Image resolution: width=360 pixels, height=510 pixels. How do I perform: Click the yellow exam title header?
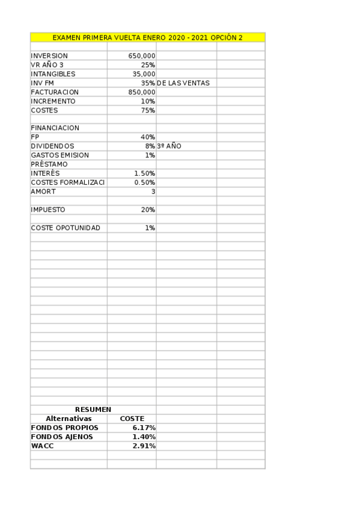coord(147,37)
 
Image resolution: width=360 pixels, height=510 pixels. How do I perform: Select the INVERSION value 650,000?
coord(141,56)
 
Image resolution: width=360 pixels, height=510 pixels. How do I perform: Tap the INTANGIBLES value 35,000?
coord(144,74)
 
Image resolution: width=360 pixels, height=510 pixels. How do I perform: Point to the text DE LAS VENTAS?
coord(183,83)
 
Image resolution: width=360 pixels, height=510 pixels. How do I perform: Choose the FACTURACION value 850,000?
coord(141,92)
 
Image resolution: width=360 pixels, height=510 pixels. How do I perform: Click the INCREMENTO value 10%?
coord(147,101)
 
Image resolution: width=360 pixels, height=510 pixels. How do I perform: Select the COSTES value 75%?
coord(147,110)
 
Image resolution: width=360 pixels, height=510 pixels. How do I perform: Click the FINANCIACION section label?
coord(55,128)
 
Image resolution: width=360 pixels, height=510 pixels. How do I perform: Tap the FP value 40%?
coord(147,137)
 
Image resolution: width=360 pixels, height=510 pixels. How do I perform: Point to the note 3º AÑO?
coord(169,146)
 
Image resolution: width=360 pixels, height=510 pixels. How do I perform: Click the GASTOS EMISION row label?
coord(59,155)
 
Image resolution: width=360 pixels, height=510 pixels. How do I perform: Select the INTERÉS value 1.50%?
coord(144,173)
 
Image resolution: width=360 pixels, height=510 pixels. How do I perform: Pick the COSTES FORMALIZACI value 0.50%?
coord(144,182)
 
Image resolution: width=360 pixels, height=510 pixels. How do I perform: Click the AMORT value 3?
coord(153,191)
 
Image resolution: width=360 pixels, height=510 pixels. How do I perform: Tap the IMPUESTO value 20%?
coord(147,210)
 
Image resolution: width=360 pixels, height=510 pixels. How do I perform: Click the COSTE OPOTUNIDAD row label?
coord(66,228)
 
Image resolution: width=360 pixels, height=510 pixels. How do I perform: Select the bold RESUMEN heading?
coord(93,410)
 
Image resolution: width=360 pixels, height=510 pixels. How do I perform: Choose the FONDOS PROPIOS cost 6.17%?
coord(144,428)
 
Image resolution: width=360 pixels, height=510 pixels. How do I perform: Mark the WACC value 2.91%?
coord(144,446)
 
